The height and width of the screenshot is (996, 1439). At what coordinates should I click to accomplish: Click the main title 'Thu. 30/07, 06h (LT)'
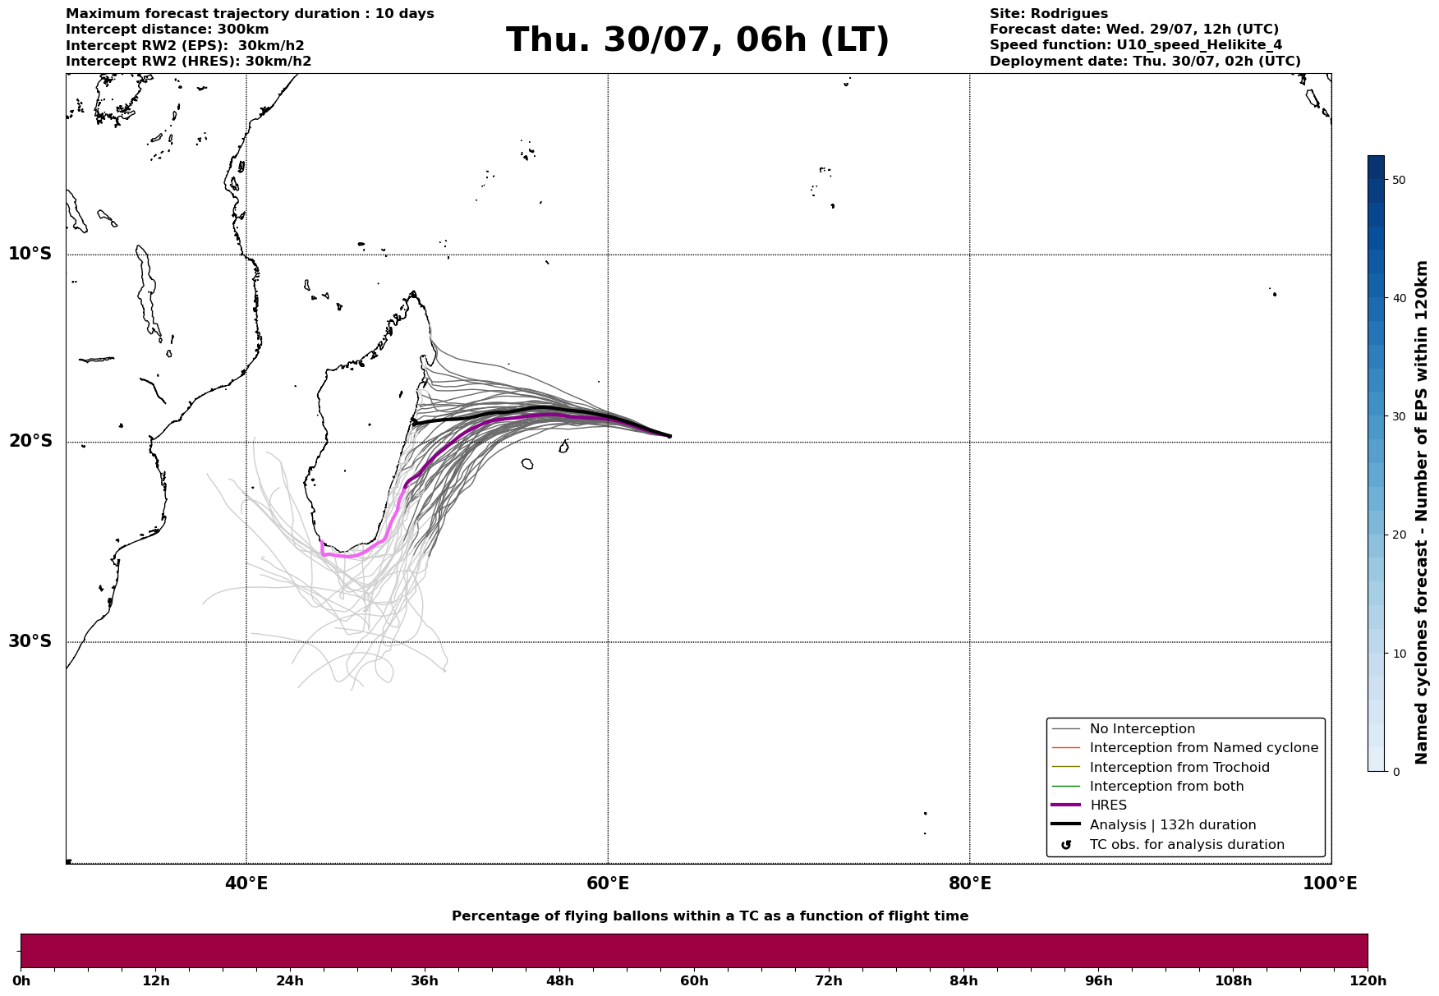pos(697,40)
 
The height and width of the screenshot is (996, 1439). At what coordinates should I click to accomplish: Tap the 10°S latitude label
pos(30,254)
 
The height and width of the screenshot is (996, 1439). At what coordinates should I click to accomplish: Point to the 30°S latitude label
pos(30,641)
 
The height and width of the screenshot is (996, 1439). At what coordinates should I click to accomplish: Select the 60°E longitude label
pos(608,884)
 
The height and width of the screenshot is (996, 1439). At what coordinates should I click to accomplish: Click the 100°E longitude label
pos(1330,884)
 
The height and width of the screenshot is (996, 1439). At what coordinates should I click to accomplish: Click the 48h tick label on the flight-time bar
pos(560,981)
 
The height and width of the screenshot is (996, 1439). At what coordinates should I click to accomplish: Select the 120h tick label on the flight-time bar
pos(1368,981)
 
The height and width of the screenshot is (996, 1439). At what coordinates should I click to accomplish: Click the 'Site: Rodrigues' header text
pos(1049,14)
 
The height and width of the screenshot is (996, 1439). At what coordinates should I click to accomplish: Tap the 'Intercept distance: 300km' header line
pos(168,30)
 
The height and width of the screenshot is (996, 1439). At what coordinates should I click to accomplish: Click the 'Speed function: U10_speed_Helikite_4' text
pos(1136,45)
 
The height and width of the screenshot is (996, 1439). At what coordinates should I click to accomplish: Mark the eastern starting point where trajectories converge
pos(669,436)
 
